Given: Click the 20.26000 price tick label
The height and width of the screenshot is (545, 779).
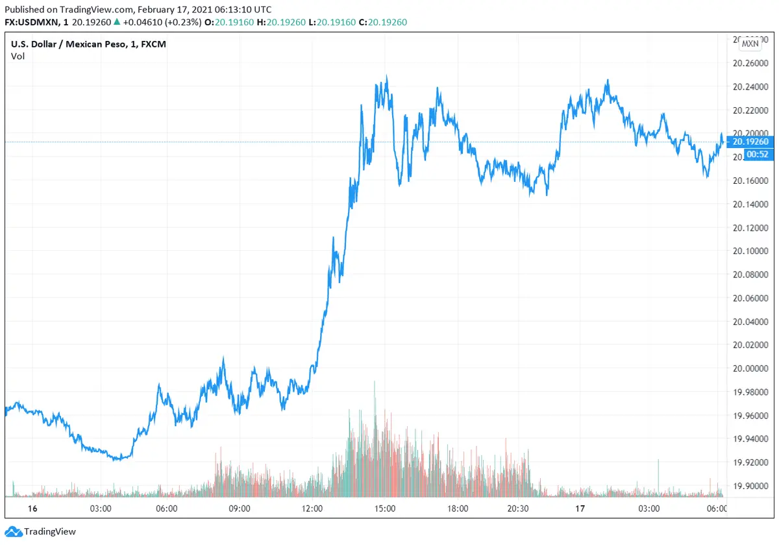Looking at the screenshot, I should tap(749, 63).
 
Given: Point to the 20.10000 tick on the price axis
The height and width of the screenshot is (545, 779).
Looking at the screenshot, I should tap(749, 251).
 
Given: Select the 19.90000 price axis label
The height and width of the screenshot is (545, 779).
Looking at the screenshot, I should tap(749, 486).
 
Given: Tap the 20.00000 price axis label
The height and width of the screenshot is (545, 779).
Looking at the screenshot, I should tap(749, 368).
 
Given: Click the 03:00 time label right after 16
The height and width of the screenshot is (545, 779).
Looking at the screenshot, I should tap(100, 508).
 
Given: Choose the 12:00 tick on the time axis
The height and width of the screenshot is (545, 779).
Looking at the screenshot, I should tap(312, 508).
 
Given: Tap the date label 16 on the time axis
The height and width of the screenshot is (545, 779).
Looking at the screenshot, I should tap(16, 508).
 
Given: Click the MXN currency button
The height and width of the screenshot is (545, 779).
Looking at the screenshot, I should tap(750, 44).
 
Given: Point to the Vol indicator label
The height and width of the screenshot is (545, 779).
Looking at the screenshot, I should tap(17, 56).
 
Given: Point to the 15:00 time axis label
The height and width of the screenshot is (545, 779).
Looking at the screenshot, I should tap(385, 508).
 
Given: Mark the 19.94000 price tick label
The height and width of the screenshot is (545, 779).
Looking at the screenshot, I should tap(749, 439).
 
